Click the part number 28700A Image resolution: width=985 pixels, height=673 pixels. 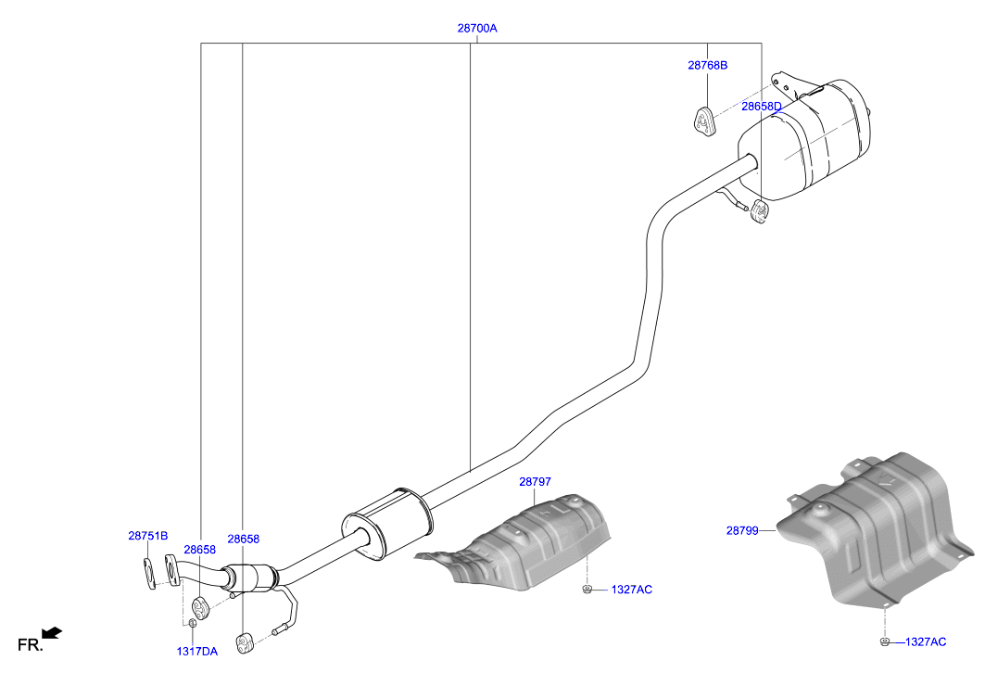pyautogui.click(x=477, y=28)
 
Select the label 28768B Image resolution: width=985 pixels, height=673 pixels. pyautogui.click(x=707, y=65)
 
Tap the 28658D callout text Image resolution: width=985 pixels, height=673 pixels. pyautogui.click(x=762, y=107)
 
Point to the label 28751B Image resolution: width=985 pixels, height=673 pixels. pyautogui.click(x=148, y=536)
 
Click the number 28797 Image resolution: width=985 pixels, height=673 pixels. pyautogui.click(x=535, y=481)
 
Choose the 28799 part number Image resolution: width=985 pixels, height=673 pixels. pyautogui.click(x=742, y=530)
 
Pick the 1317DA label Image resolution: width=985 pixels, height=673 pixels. pyautogui.click(x=196, y=652)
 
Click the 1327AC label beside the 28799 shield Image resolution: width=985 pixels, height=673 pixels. pyautogui.click(x=926, y=641)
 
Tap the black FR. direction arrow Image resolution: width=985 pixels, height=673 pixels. pyautogui.click(x=52, y=632)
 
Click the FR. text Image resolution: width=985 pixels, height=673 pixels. pyautogui.click(x=30, y=644)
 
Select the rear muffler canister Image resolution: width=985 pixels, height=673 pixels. pyautogui.click(x=805, y=138)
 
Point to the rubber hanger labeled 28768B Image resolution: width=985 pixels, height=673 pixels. pyautogui.click(x=704, y=122)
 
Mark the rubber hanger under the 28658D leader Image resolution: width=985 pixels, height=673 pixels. pyautogui.click(x=759, y=212)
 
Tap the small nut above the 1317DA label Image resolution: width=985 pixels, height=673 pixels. pyautogui.click(x=193, y=623)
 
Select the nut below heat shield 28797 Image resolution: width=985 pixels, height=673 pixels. pyautogui.click(x=587, y=589)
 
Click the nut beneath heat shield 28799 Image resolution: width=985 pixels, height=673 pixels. pyautogui.click(x=885, y=641)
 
